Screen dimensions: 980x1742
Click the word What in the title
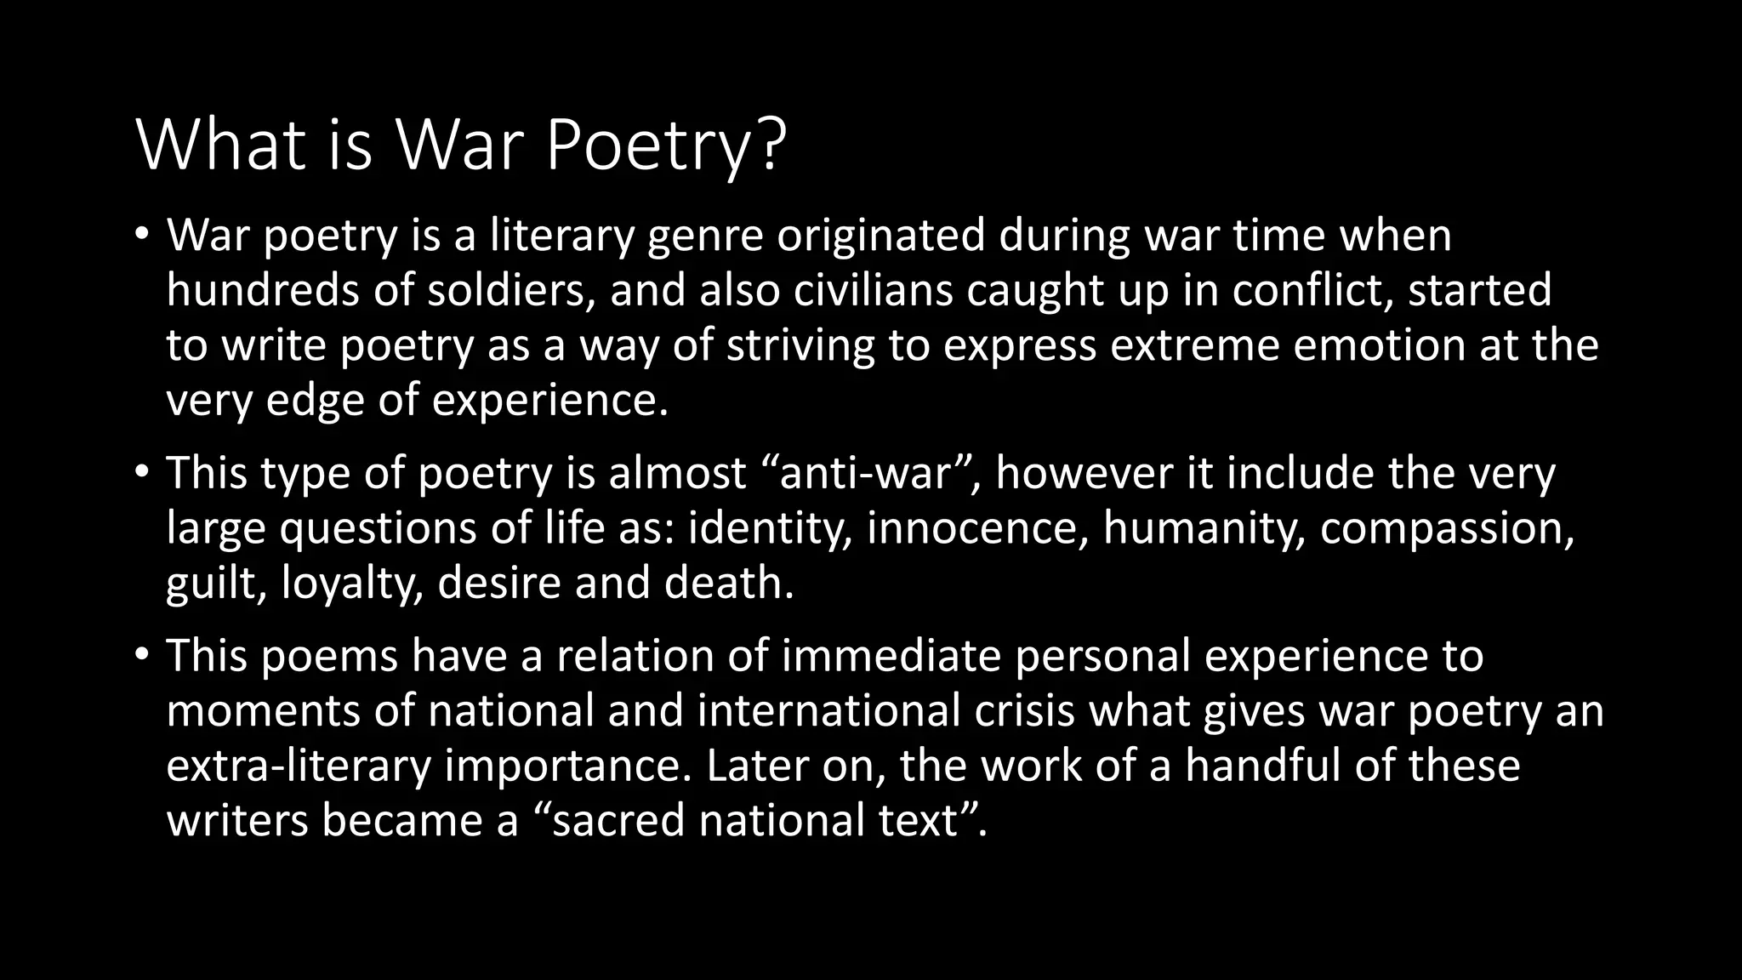(220, 146)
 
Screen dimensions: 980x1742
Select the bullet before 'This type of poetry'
(141, 472)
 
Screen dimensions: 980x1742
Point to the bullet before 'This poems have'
(141, 655)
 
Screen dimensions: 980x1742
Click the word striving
(800, 346)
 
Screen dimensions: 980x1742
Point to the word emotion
(1378, 345)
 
